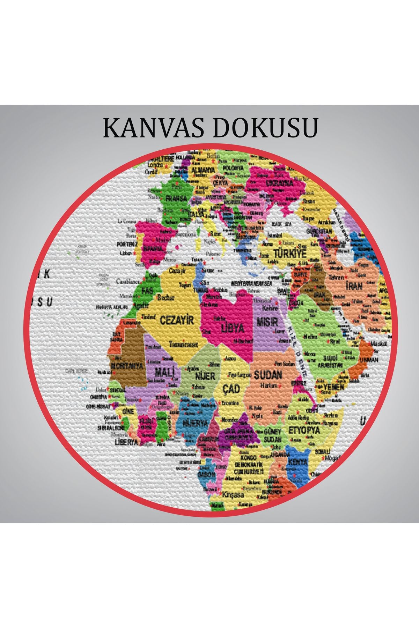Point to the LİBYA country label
[x=233, y=328]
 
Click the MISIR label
[x=267, y=321]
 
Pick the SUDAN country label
[x=268, y=375]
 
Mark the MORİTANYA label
[x=127, y=366]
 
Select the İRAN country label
[x=354, y=286]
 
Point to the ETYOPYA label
[x=304, y=430]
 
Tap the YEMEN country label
[x=334, y=387]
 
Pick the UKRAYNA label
[x=279, y=183]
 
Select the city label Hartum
[x=269, y=386]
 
